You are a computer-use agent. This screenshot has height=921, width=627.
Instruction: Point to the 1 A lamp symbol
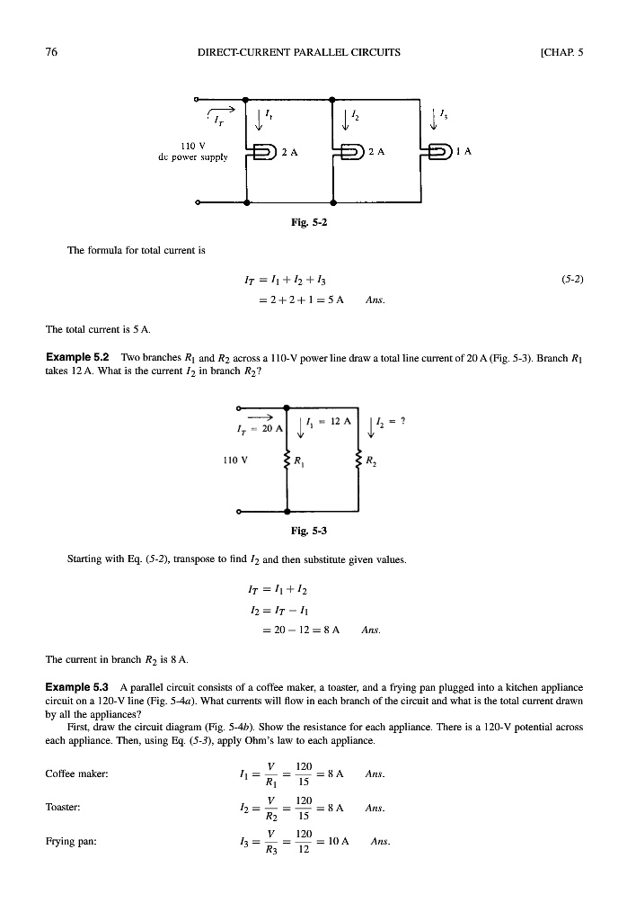(441, 152)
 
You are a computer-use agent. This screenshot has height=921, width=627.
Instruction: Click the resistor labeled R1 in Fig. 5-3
(287, 465)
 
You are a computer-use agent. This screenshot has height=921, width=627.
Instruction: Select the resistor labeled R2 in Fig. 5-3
(358, 465)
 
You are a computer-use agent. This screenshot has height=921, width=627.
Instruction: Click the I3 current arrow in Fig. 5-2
(440, 116)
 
